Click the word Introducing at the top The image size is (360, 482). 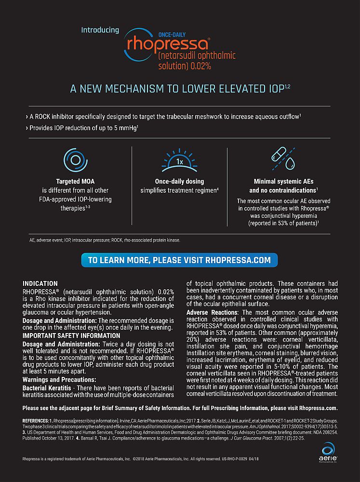point(100,30)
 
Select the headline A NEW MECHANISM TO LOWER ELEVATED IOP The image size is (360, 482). point(180,89)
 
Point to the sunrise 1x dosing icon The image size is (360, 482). point(179,162)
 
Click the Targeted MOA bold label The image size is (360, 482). point(75,182)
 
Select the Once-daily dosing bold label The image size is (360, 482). point(179,182)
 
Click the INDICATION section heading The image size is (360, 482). point(40,284)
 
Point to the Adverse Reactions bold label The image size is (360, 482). point(212,313)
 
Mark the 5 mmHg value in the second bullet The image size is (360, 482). point(125,129)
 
